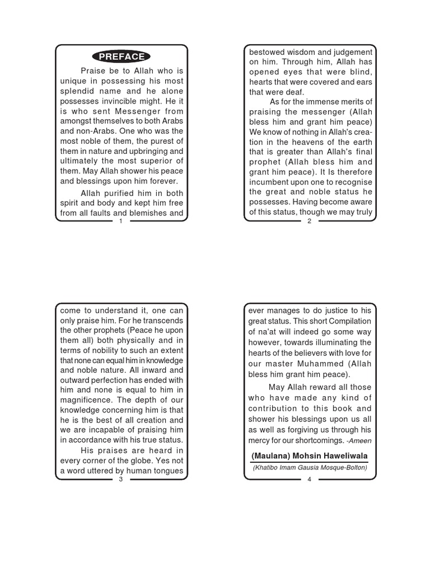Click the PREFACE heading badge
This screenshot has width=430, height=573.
(x=121, y=57)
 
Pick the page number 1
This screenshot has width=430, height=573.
(x=121, y=221)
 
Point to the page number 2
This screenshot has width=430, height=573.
(x=310, y=221)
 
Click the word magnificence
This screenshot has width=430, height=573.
(x=83, y=400)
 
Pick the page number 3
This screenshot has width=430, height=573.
(x=121, y=480)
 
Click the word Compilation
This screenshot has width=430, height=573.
(x=348, y=321)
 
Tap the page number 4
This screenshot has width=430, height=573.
(x=310, y=480)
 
